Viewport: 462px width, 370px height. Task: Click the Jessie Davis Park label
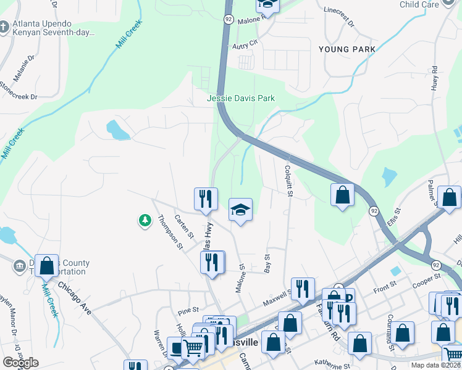(x=241, y=98)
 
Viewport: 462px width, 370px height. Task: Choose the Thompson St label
(x=171, y=232)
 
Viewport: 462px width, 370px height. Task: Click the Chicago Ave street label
(x=75, y=298)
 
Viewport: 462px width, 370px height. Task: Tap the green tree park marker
(x=145, y=220)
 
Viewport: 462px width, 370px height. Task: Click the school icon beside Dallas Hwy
(x=241, y=210)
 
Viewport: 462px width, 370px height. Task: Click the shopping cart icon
(x=193, y=348)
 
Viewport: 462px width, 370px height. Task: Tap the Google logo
(x=20, y=363)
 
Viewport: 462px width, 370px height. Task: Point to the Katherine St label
(x=332, y=363)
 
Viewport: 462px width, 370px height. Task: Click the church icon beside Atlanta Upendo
(x=4, y=28)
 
